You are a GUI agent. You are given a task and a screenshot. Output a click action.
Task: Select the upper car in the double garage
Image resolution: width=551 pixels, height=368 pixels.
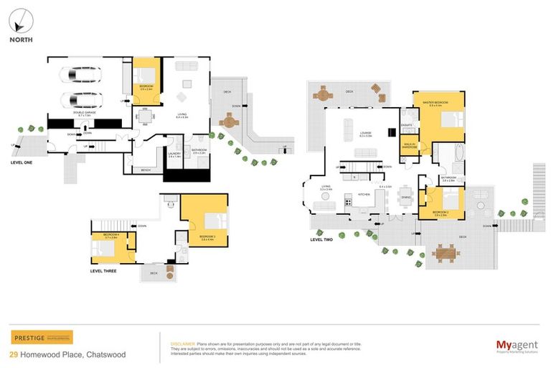[80, 76]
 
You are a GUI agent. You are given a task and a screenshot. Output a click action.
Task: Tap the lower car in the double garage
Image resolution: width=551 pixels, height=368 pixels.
[80, 99]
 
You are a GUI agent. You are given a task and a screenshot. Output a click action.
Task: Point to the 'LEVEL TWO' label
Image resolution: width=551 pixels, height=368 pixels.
[321, 239]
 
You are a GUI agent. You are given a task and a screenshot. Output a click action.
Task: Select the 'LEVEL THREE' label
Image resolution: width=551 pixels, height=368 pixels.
[105, 271]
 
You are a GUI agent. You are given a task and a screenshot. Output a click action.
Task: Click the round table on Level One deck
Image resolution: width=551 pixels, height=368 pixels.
[228, 122]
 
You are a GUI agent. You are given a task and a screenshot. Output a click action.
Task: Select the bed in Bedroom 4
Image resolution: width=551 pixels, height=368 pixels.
[102, 248]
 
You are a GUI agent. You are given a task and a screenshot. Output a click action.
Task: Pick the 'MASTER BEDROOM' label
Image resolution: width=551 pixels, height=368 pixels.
[435, 103]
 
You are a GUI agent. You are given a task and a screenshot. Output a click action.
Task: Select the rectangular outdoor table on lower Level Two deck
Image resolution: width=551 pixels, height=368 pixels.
[445, 252]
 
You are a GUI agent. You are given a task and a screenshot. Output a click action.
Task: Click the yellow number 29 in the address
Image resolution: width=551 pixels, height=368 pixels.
[14, 354]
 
